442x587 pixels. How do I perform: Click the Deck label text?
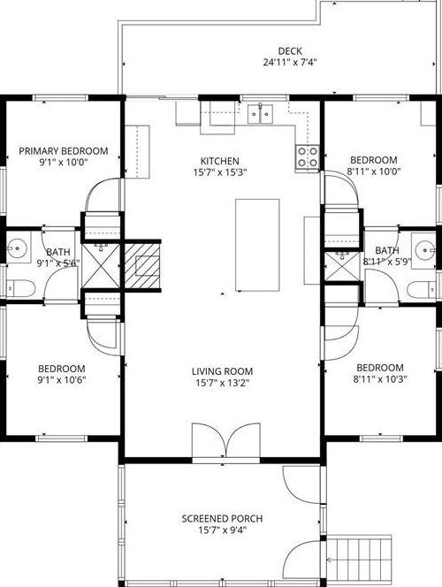pyautogui.click(x=290, y=51)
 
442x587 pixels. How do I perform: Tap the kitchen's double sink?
pyautogui.click(x=260, y=114)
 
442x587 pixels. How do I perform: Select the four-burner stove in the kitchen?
pyautogui.click(x=308, y=156)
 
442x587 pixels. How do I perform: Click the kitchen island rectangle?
pyautogui.click(x=257, y=245)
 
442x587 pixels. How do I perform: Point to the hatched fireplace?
pyautogui.click(x=142, y=266)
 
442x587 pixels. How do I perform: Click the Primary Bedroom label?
pyautogui.click(x=64, y=151)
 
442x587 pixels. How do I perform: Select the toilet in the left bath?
pyautogui.click(x=21, y=288)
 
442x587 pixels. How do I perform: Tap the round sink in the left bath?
pyautogui.click(x=19, y=248)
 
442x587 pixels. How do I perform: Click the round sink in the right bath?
pyautogui.click(x=424, y=248)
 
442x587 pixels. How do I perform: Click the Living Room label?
pyautogui.click(x=222, y=371)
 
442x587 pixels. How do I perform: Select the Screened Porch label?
pyautogui.click(x=222, y=519)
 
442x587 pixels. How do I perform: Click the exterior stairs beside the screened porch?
pyautogui.click(x=359, y=560)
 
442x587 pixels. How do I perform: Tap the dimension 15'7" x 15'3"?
pyautogui.click(x=220, y=172)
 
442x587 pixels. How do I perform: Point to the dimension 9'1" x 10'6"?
pyautogui.click(x=62, y=380)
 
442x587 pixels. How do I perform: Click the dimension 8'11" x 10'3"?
pyautogui.click(x=380, y=379)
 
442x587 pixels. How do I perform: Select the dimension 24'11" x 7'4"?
pyautogui.click(x=290, y=62)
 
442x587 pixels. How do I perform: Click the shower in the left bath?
pyautogui.click(x=101, y=266)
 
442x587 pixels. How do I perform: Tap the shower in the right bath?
pyautogui.click(x=342, y=266)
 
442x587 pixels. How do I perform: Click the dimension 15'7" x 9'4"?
pyautogui.click(x=222, y=530)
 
